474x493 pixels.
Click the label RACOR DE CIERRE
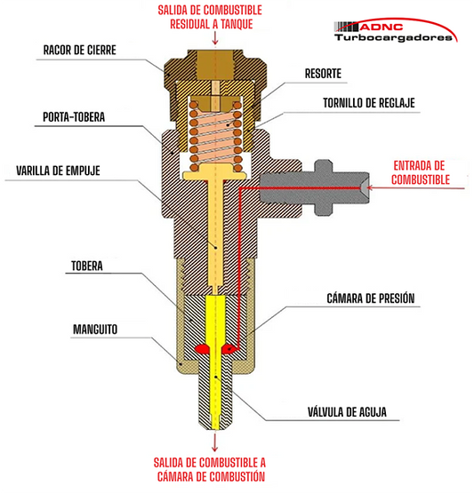(x=80, y=50)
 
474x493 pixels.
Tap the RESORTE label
(x=323, y=74)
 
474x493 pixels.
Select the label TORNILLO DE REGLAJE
(x=369, y=103)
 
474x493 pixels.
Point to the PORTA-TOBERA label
(x=74, y=117)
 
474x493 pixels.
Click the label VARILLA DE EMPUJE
(x=58, y=171)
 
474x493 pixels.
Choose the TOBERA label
(x=87, y=266)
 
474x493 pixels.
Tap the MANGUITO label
(x=95, y=330)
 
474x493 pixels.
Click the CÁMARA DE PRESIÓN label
(x=371, y=298)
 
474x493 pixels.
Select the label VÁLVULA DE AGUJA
(x=347, y=411)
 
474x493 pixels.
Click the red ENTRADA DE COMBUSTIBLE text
(x=421, y=172)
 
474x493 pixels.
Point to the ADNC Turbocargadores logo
(x=396, y=30)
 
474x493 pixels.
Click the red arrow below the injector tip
(x=215, y=442)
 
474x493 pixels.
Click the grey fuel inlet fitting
(x=315, y=188)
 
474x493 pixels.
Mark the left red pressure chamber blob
(x=202, y=348)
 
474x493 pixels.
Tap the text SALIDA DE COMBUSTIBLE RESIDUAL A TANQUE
(x=210, y=17)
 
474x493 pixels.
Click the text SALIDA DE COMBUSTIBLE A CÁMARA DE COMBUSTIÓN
(x=210, y=469)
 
